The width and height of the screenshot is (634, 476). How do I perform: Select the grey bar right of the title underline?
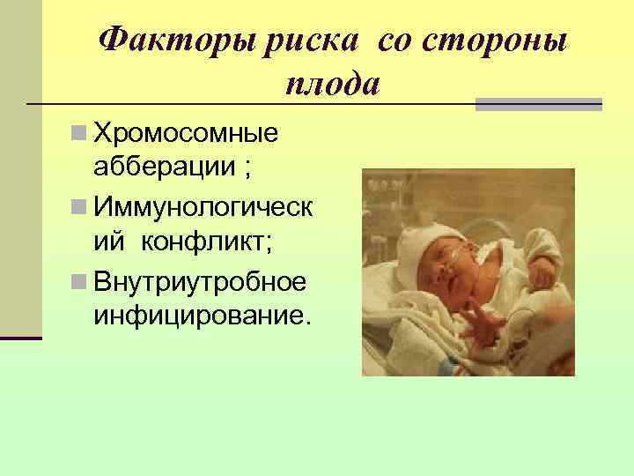point(538,104)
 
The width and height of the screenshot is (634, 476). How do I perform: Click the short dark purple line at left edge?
point(20,338)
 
